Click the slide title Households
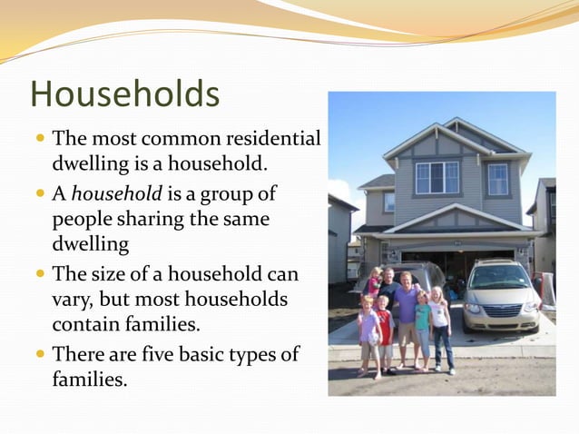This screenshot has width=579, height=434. tap(124, 94)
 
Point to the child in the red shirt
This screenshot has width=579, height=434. tap(385, 331)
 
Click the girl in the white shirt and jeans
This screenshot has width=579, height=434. tap(441, 327)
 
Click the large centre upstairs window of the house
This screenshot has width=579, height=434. tap(437, 178)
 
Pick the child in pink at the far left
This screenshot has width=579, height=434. tap(368, 336)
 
